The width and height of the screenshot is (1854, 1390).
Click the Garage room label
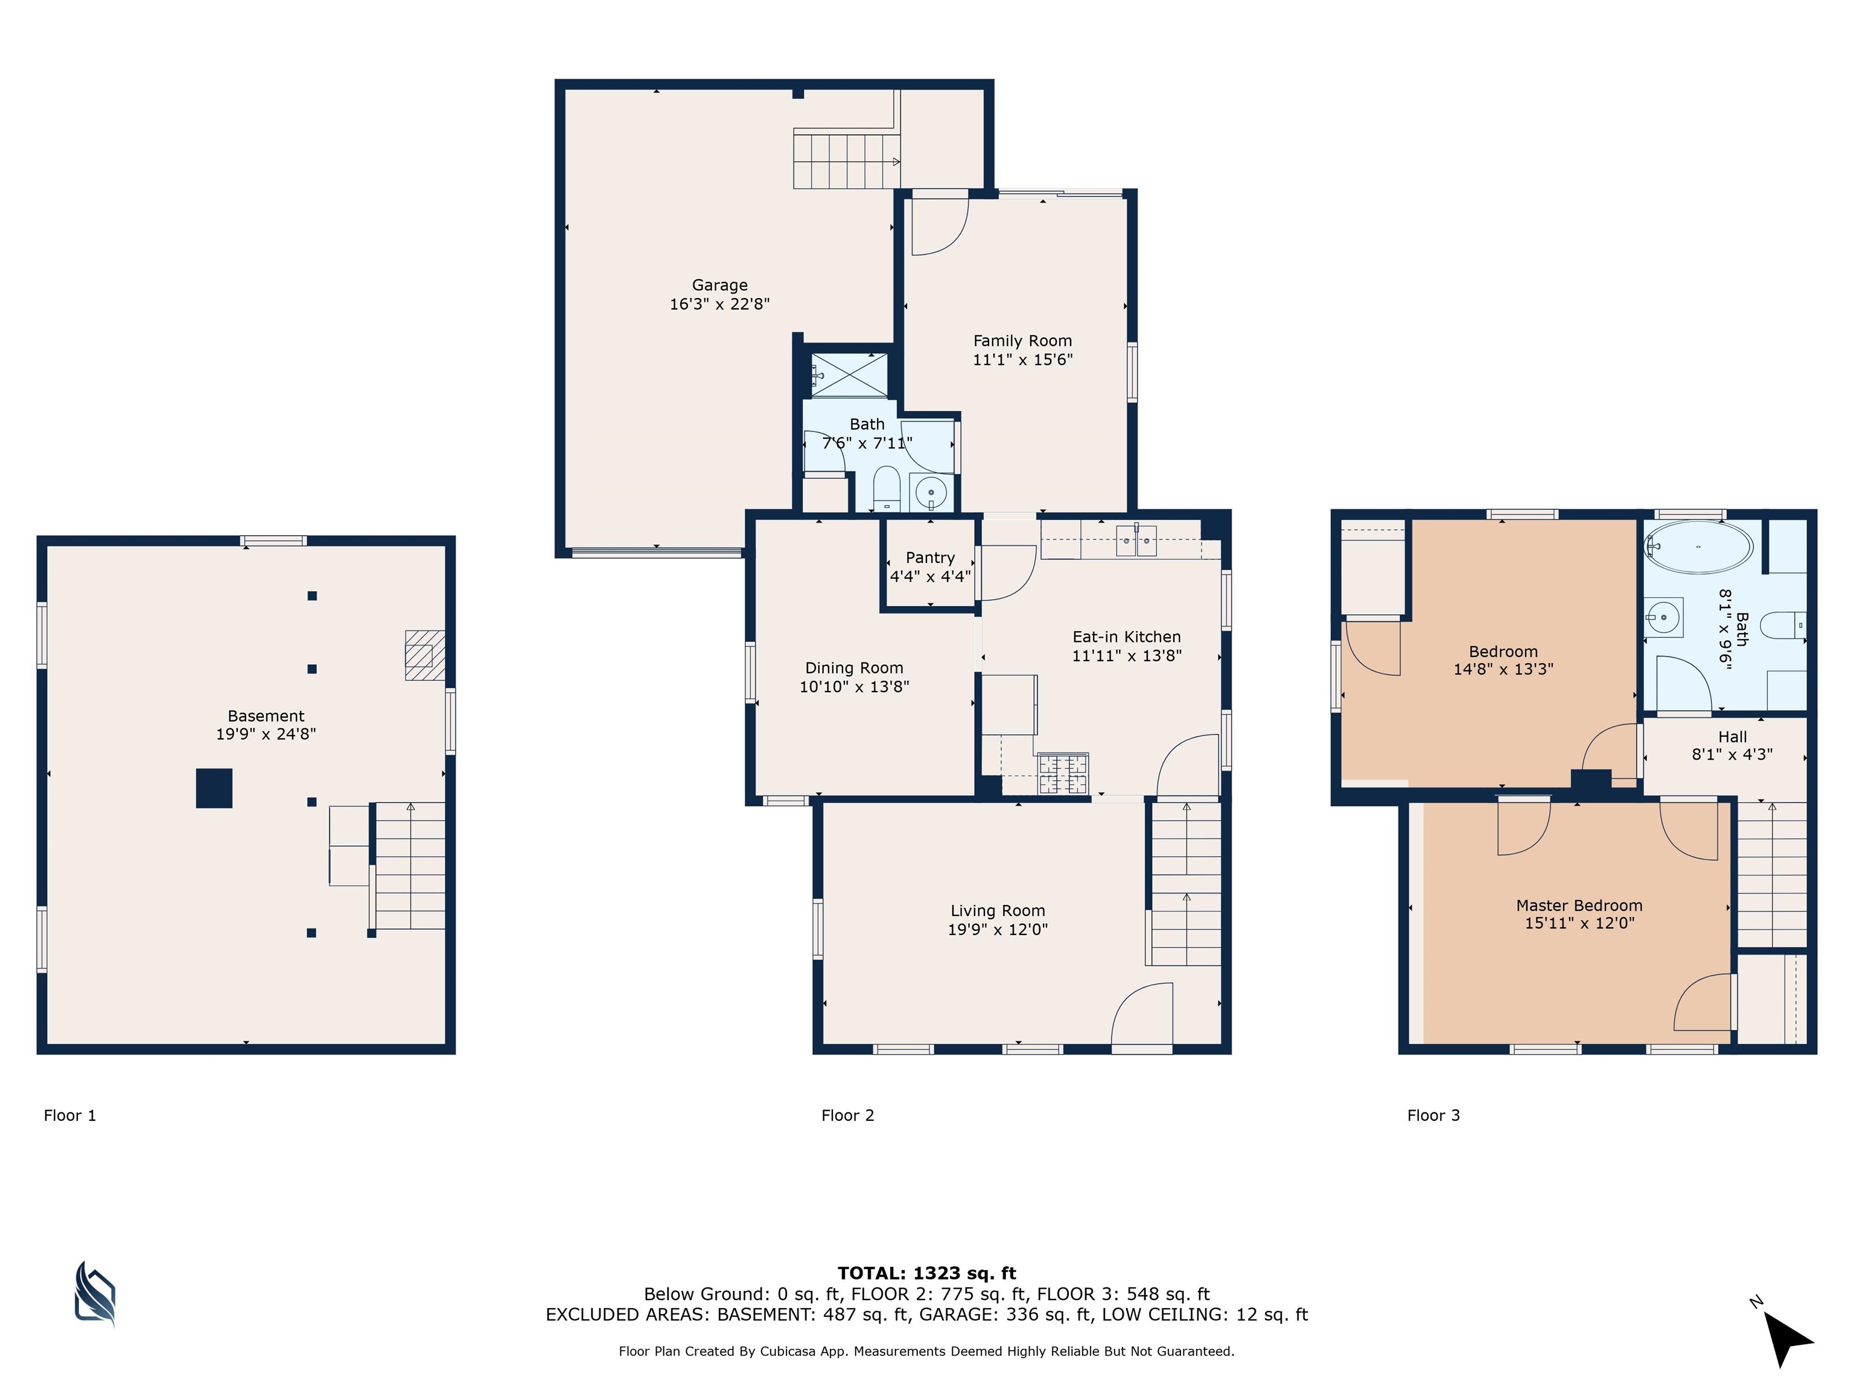click(x=719, y=285)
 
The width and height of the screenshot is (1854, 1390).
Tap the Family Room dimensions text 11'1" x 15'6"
click(x=1022, y=360)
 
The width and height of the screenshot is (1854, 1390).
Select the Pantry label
click(x=931, y=558)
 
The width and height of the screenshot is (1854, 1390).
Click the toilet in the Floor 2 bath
click(x=886, y=489)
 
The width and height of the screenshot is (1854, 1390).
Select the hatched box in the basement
click(x=425, y=655)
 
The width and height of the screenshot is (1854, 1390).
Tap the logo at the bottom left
click(x=95, y=1295)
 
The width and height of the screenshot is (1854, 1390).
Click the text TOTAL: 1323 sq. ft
click(x=927, y=1274)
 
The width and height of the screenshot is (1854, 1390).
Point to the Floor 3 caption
click(x=1433, y=1115)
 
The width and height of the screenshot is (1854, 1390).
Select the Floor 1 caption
click(x=69, y=1115)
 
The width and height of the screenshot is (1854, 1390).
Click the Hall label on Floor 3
click(x=1733, y=737)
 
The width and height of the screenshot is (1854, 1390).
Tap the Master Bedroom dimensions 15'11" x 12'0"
click(x=1579, y=922)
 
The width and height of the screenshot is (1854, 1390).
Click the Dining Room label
click(x=854, y=668)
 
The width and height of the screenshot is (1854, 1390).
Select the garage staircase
click(x=847, y=159)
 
